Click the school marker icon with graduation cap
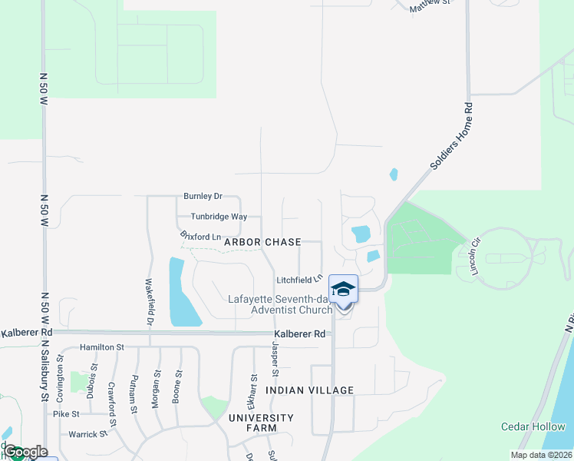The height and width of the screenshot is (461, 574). tap(343, 289)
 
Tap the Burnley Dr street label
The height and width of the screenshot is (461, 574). tap(203, 197)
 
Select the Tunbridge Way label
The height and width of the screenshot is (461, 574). tap(219, 217)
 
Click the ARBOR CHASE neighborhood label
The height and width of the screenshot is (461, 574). tap(262, 242)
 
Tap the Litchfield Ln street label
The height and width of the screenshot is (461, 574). tap(297, 280)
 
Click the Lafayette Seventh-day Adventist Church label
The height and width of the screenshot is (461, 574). tap(280, 304)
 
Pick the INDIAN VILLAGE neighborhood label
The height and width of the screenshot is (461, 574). tap(310, 390)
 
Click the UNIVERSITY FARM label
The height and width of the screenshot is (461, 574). tap(261, 423)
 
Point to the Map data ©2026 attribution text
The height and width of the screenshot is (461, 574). tap(542, 455)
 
